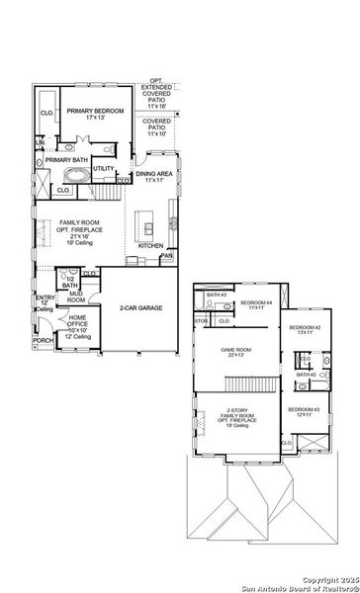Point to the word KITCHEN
150,245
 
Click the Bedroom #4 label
256,303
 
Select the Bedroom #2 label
303,330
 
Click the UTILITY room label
104,169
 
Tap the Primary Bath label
64,159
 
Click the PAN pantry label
167,255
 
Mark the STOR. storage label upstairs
202,320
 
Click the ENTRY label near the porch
45,301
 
